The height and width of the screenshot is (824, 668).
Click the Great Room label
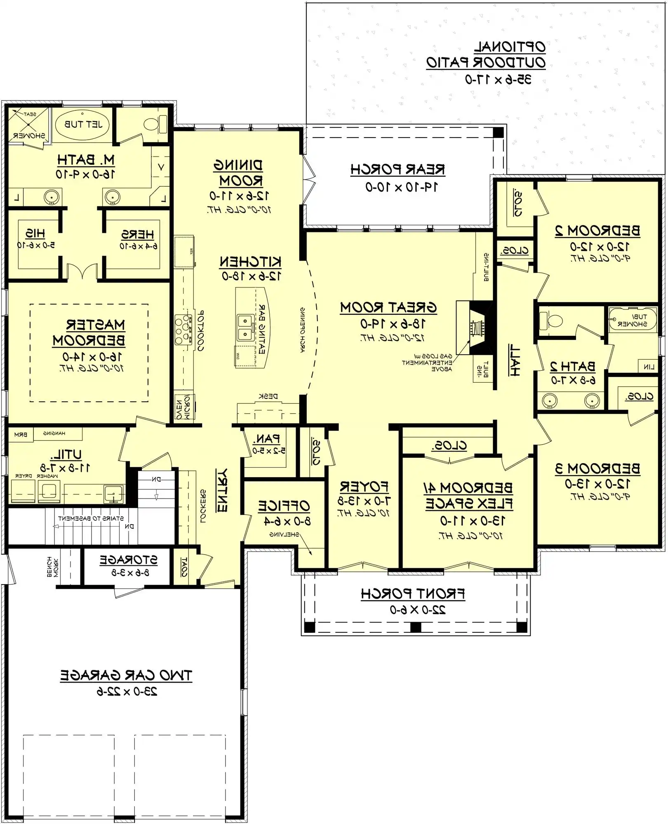point(388,308)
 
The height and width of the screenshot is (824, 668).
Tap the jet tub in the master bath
point(83,124)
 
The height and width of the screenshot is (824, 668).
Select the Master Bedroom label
point(89,333)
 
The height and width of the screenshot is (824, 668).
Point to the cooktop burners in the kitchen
point(183,329)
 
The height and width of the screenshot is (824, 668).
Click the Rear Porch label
point(398,170)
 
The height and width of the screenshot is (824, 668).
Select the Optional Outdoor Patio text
point(486,55)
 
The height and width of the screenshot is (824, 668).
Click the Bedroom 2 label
point(597,231)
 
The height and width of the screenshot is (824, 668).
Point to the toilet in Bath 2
point(551,320)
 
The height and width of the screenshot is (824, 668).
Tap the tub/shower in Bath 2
point(633,320)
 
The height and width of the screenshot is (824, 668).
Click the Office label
point(284,506)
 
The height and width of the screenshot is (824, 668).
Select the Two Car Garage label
point(126,676)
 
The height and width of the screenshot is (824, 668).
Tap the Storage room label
point(128,560)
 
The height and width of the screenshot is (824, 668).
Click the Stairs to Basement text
point(91,518)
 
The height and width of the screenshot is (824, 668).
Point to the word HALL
point(514,360)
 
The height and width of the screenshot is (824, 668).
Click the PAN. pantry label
point(268,439)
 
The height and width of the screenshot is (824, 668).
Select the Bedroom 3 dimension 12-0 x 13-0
point(597,484)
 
